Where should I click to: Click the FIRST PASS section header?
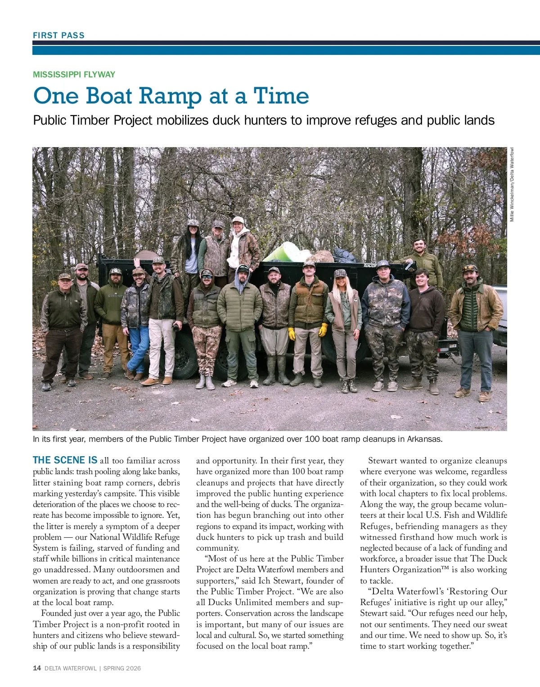click(58, 35)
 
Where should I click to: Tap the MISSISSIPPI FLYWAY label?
click(74, 74)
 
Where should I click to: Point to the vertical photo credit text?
click(512, 184)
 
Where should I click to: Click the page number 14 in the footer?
click(37, 668)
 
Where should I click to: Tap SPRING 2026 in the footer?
click(122, 668)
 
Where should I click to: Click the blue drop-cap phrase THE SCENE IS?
click(65, 460)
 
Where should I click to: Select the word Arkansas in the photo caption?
click(424, 439)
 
